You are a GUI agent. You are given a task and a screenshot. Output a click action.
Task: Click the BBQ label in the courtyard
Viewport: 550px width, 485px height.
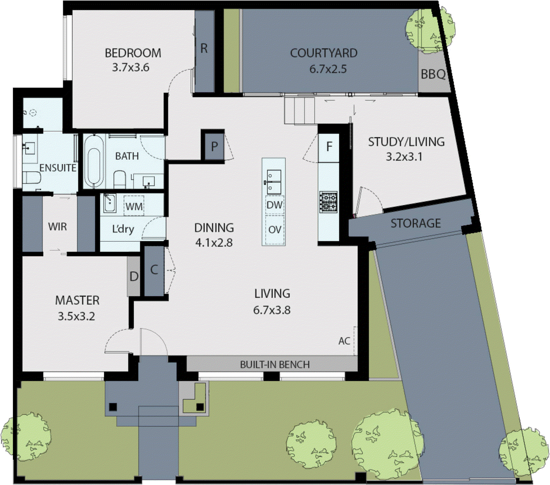click(x=433, y=74)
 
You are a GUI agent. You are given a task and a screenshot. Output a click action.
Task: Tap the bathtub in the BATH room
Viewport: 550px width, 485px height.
click(x=94, y=161)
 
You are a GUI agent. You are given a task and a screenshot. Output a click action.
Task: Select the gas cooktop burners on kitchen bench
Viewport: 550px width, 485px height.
click(x=329, y=202)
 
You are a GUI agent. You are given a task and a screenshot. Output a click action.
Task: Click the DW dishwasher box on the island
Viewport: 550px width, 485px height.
click(x=274, y=205)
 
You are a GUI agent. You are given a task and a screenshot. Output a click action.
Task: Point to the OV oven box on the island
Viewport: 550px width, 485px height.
click(x=274, y=229)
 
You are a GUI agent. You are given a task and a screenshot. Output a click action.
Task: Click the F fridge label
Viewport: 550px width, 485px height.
click(x=329, y=147)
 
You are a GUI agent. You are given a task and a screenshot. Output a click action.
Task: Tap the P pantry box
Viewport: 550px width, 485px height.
click(x=214, y=147)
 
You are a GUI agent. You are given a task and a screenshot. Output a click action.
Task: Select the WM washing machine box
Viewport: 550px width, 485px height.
click(x=134, y=206)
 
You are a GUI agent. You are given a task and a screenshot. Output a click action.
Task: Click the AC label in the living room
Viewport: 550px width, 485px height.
click(x=344, y=341)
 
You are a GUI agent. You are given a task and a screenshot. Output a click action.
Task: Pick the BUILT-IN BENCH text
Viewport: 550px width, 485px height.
click(x=274, y=364)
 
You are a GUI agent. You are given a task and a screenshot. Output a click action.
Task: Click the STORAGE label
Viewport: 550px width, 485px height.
click(x=415, y=223)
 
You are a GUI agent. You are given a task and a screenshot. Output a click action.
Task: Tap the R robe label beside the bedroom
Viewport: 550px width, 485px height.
click(x=204, y=49)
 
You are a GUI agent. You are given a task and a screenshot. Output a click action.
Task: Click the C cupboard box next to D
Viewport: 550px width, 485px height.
click(x=154, y=270)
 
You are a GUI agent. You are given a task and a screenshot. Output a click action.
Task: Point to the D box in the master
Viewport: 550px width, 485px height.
click(x=134, y=277)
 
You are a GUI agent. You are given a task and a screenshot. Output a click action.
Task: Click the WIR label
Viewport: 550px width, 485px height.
click(x=57, y=227)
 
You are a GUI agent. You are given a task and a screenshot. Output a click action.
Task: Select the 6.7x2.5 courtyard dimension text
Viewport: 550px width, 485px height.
click(x=328, y=69)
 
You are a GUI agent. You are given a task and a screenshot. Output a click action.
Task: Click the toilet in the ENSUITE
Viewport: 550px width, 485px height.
click(x=31, y=178)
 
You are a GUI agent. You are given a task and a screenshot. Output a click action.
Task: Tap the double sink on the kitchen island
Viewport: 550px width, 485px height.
click(x=274, y=182)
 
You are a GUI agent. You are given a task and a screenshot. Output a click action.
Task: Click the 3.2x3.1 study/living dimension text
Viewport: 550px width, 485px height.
click(x=404, y=157)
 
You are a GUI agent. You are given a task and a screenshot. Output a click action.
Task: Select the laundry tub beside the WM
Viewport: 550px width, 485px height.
click(x=110, y=203)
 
